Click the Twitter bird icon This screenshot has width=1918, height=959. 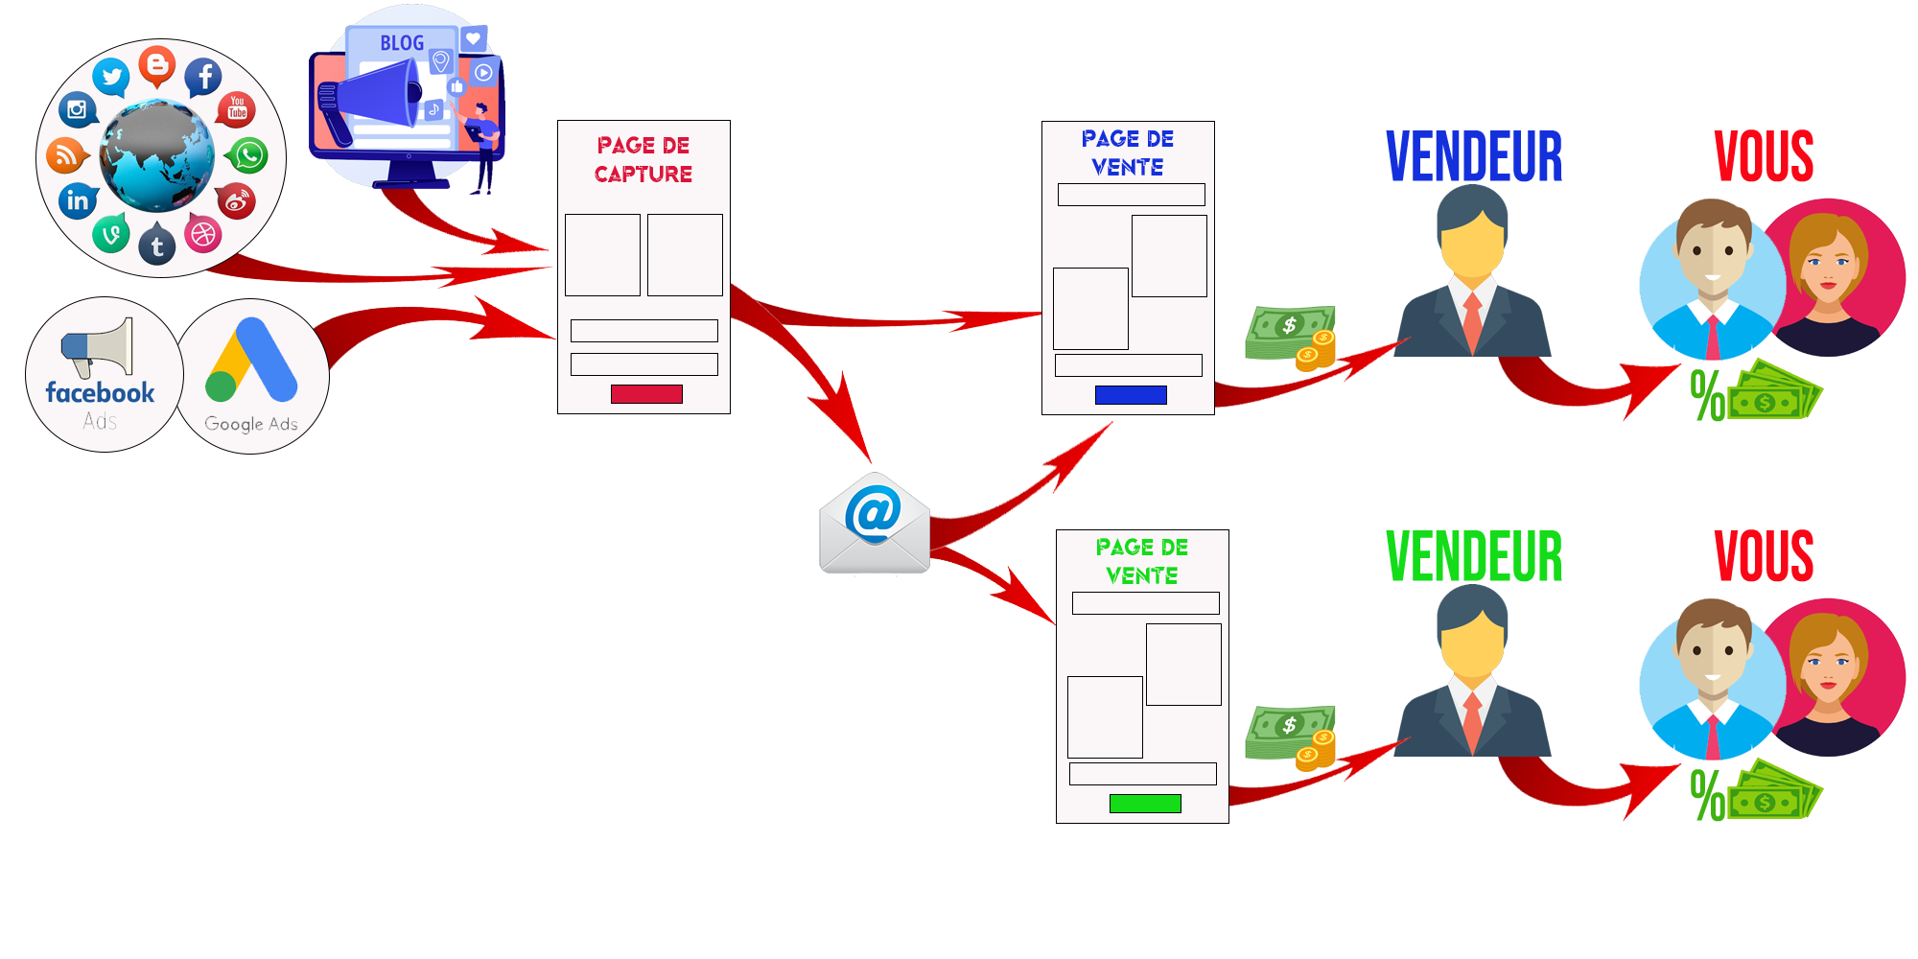pos(111,77)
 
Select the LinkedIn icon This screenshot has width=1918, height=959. pos(78,200)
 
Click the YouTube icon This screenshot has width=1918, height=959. pos(237,108)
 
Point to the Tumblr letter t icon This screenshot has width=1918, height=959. pos(157,246)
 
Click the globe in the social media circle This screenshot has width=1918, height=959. pos(157,155)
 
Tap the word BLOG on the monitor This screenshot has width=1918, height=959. pos(402,43)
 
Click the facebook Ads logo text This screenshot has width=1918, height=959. pos(100,393)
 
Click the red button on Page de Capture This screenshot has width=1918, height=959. pos(646,394)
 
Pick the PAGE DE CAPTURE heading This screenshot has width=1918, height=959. pos(643,159)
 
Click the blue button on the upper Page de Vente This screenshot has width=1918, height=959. pos(1131,395)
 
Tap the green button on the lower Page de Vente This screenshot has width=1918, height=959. pos(1145,804)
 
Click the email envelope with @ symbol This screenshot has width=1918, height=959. pos(874,525)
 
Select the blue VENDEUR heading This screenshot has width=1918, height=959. pos(1474,156)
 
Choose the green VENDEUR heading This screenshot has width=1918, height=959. pos(1474,556)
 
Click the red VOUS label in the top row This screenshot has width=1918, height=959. pos(1765,156)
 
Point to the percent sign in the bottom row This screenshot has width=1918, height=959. pos(1707,796)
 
